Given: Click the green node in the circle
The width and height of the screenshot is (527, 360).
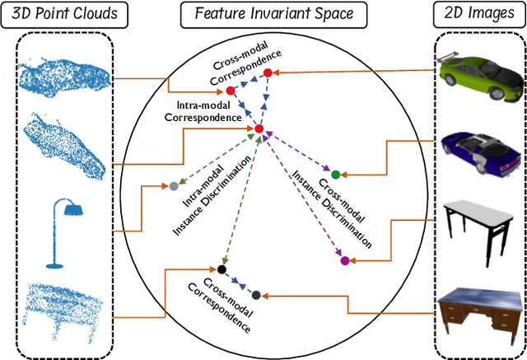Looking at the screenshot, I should pos(336,175).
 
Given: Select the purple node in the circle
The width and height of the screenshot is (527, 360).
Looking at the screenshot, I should pos(345,261).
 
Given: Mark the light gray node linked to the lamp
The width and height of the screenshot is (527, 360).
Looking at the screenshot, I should pos(174,186).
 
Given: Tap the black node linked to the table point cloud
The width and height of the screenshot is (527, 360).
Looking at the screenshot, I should pos(222,269).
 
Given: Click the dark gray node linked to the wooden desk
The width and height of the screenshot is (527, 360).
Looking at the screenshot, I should pos(256,295).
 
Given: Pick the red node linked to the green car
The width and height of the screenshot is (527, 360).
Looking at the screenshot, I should pos(268,74).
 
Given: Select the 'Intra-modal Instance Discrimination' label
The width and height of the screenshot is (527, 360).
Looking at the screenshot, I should pos(197,213).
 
